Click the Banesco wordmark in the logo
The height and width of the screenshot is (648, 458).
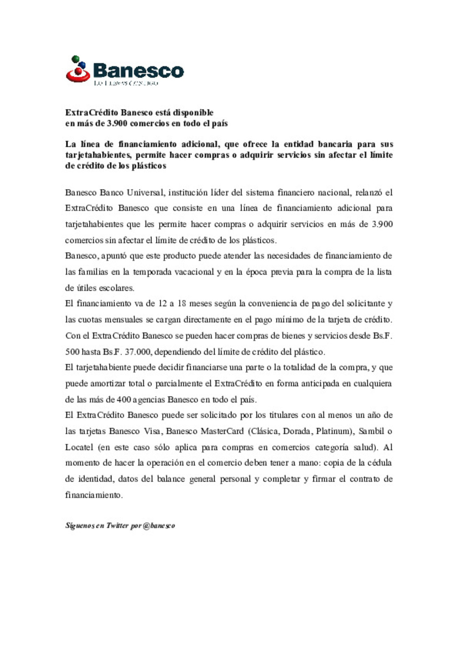[138, 71]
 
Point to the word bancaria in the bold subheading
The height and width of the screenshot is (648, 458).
[335, 144]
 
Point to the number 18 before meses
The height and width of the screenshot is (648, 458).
[182, 304]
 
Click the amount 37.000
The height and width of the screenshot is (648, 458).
[139, 352]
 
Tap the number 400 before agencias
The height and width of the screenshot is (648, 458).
[123, 399]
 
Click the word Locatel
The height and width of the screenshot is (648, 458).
[79, 447]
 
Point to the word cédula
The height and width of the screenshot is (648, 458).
[375, 463]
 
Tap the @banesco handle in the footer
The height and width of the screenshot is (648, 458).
[159, 526]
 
